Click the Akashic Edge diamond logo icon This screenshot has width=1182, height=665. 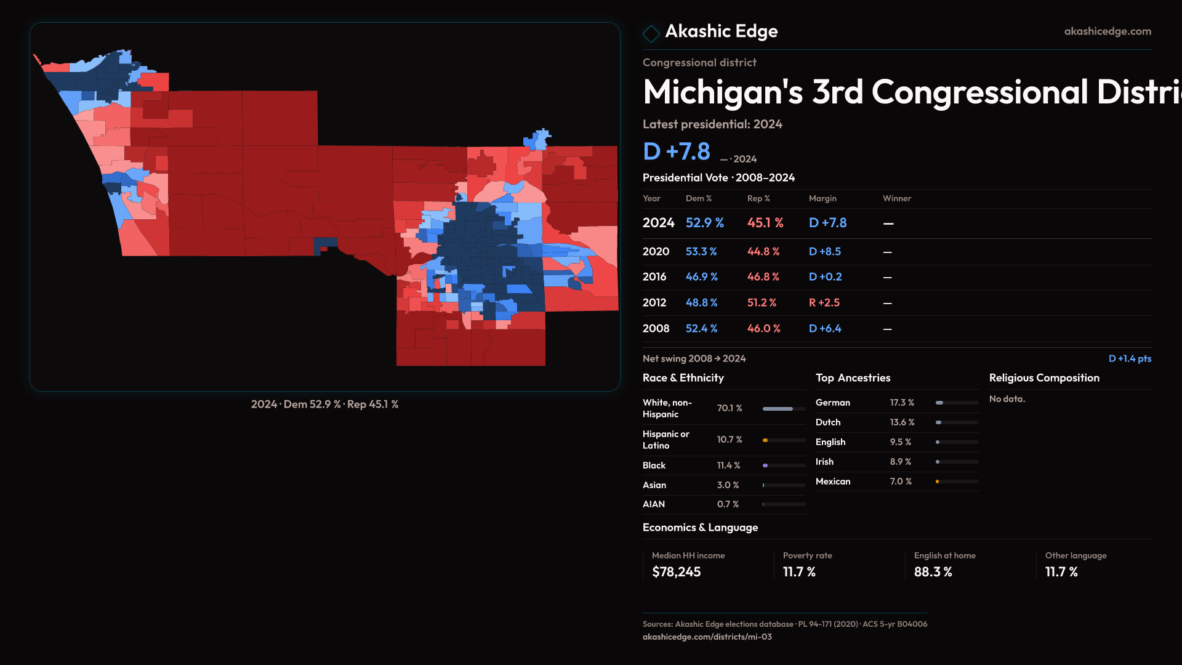(651, 33)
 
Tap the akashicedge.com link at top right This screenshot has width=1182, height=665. (1108, 31)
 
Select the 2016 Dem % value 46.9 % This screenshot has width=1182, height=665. (702, 277)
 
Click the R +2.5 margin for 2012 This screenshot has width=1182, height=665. (824, 303)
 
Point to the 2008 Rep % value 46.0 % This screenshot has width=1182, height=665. (763, 329)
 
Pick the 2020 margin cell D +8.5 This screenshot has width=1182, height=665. (824, 252)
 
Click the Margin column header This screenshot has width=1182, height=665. (822, 198)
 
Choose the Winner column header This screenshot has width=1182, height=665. (896, 198)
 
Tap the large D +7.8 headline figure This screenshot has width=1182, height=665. (676, 151)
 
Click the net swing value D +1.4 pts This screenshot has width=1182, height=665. (1130, 358)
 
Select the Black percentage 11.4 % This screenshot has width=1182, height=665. (728, 465)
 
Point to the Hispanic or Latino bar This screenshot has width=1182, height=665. (784, 440)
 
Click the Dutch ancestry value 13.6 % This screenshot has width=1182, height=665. (902, 422)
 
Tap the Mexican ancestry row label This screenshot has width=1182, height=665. (833, 482)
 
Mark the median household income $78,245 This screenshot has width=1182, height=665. (676, 572)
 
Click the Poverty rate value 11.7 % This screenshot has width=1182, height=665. (799, 572)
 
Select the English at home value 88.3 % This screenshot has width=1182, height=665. (933, 572)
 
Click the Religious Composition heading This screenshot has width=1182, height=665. (1044, 378)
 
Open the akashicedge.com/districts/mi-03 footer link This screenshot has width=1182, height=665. (707, 637)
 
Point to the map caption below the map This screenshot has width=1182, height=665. (324, 405)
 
